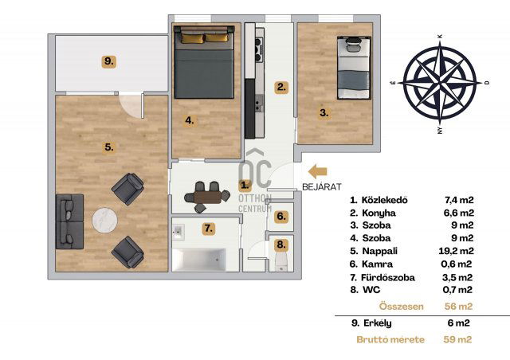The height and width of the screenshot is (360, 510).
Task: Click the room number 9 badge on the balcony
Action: tap(109, 61)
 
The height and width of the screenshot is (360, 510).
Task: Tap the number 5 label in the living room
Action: tap(109, 147)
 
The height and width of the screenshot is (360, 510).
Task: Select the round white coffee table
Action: tap(104, 220)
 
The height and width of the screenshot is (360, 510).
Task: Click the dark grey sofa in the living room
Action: tap(69, 221)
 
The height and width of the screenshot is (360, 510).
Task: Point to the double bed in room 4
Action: tap(204, 62)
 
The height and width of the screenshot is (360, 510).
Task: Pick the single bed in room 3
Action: tap(354, 68)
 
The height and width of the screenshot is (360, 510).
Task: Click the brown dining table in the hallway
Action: tap(207, 198)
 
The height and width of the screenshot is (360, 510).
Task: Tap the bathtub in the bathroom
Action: tap(199, 259)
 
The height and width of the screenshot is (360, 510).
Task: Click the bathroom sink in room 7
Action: tap(178, 232)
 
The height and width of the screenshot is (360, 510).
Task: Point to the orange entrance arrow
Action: tap(317, 172)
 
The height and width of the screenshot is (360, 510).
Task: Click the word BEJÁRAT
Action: tap(322, 187)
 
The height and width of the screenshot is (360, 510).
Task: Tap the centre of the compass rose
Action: tap(440, 83)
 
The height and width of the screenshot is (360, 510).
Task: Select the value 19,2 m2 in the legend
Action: tap(456, 251)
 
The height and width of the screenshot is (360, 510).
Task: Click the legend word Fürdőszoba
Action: tap(388, 277)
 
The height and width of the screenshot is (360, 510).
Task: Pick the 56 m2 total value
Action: tap(459, 307)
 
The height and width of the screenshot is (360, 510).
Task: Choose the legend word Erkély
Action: tap(377, 323)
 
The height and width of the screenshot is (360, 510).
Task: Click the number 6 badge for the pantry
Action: tap(281, 217)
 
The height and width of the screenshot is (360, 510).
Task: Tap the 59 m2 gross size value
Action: tap(457, 339)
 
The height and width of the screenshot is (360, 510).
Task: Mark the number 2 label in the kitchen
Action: tap(281, 88)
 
